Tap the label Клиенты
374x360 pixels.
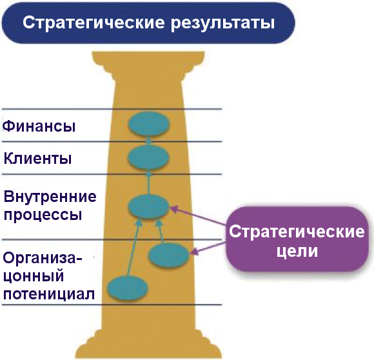click(37, 158)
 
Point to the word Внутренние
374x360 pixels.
click(50, 196)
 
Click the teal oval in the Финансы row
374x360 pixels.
click(148, 124)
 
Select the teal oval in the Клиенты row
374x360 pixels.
click(148, 157)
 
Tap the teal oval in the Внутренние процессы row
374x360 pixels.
click(149, 206)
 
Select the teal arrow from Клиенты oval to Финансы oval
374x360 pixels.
click(148, 141)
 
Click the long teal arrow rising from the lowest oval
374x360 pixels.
click(132, 248)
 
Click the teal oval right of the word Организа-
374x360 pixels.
click(169, 256)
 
